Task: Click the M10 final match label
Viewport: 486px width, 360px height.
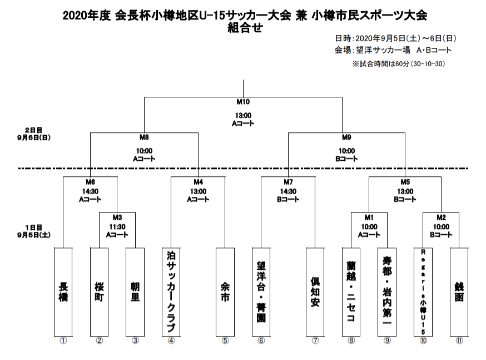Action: (243, 102)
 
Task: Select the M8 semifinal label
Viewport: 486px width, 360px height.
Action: (144, 137)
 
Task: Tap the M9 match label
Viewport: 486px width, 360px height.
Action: (346, 137)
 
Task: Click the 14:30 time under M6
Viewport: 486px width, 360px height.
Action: (90, 191)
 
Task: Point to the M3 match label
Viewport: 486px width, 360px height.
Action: (117, 218)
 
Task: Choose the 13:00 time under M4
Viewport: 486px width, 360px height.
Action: (198, 191)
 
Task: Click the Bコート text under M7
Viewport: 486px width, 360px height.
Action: (288, 199)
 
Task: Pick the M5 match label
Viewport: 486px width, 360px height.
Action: (405, 182)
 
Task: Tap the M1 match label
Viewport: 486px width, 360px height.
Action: (369, 218)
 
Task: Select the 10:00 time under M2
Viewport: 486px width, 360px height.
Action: (441, 226)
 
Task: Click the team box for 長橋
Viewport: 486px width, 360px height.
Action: (63, 292)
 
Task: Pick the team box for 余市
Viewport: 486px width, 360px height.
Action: (225, 292)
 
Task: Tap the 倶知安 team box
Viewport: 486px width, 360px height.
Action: (315, 292)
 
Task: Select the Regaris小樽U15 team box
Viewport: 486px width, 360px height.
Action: (423, 292)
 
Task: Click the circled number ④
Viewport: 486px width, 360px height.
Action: (171, 341)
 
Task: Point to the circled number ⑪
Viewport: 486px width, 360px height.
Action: (459, 341)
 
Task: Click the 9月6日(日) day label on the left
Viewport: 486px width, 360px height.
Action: (34, 137)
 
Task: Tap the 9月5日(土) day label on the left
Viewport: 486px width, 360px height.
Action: (34, 235)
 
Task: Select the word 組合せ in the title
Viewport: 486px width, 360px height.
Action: (245, 28)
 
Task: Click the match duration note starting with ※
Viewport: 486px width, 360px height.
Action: (399, 64)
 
